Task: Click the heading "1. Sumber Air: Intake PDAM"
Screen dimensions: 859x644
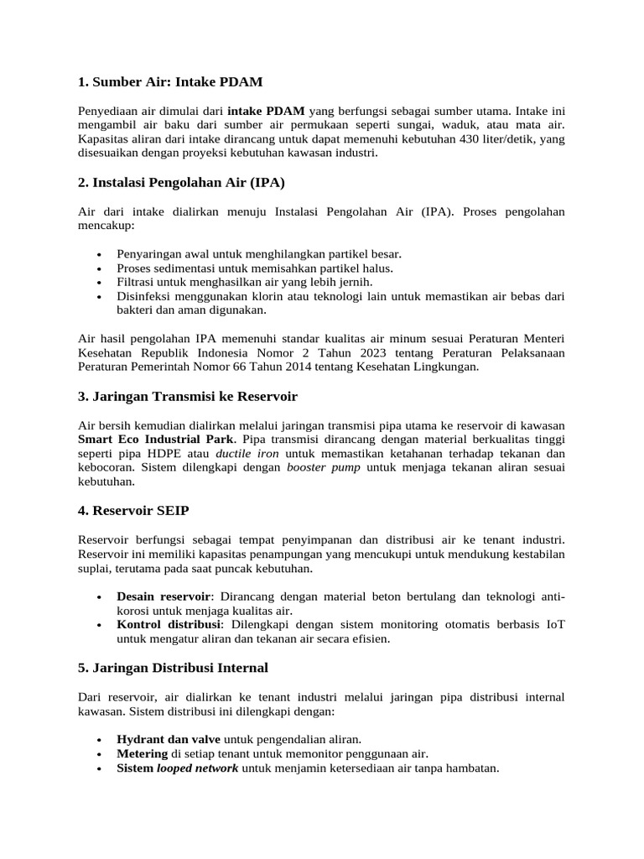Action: [170, 81]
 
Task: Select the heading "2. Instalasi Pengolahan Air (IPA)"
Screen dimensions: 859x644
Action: [186, 182]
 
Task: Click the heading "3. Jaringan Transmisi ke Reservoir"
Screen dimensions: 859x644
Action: [187, 396]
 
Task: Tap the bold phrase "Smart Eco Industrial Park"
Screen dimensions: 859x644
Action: [157, 439]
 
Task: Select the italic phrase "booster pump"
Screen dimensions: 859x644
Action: [324, 467]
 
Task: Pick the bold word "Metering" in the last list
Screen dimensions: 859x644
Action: [143, 753]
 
